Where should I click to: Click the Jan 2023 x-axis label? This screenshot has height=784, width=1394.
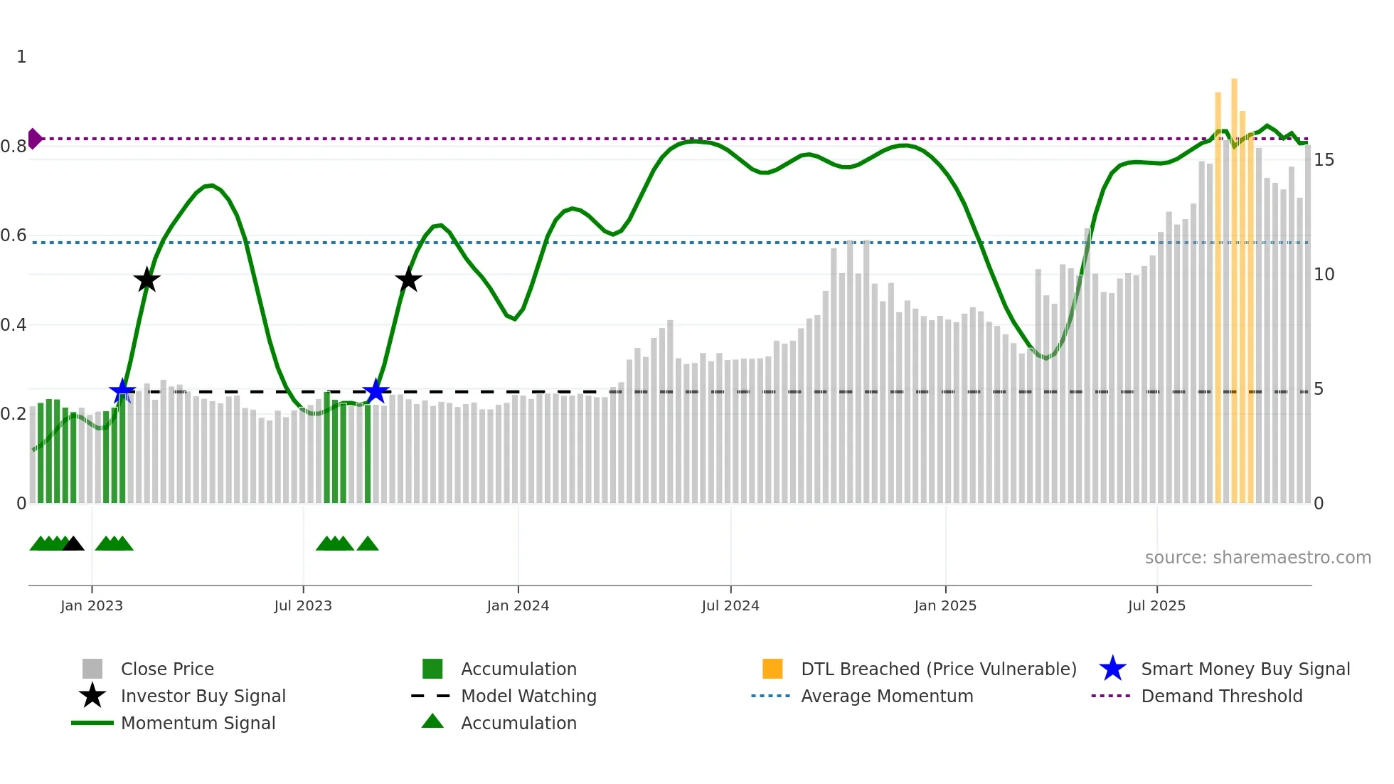[x=92, y=605]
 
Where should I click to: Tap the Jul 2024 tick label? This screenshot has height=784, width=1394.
[x=730, y=605]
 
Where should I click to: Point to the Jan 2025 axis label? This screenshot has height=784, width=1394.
[x=945, y=605]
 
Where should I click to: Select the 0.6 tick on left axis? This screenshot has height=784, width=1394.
[x=14, y=235]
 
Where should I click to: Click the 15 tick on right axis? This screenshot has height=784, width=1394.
[x=1324, y=160]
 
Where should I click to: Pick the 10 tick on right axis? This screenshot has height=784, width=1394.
[x=1324, y=275]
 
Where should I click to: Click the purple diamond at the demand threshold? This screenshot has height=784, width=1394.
[x=34, y=139]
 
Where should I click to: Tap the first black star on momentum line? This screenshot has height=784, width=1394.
[x=147, y=280]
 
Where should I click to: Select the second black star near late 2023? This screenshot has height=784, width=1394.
[x=408, y=280]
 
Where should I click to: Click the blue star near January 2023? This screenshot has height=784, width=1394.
[x=122, y=391]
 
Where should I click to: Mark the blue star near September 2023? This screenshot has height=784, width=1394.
[x=376, y=391]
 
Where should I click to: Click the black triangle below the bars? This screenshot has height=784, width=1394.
[x=73, y=544]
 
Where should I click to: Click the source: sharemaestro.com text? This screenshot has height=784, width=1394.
[x=1257, y=558]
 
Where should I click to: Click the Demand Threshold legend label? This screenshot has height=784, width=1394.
[x=1221, y=696]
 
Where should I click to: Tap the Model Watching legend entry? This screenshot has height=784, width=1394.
[x=528, y=696]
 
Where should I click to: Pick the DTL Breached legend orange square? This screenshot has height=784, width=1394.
[x=772, y=669]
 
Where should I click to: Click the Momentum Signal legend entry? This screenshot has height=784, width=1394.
[x=198, y=723]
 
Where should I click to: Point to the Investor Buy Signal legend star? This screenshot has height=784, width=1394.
[x=92, y=696]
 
